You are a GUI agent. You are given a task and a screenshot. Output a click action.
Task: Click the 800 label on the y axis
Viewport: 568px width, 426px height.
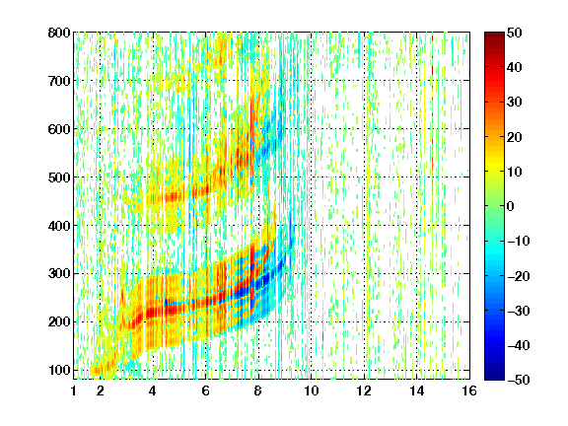(59, 33)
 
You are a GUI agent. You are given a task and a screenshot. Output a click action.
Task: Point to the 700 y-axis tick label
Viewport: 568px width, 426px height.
(59, 81)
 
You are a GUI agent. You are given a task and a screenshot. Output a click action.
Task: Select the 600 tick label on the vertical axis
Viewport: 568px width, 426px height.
(59, 129)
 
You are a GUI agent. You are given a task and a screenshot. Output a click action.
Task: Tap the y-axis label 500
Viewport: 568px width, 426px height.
(59, 177)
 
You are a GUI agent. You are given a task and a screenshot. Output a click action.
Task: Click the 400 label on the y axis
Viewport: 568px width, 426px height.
(59, 226)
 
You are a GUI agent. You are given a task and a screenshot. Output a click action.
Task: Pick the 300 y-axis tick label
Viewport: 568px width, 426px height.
(59, 274)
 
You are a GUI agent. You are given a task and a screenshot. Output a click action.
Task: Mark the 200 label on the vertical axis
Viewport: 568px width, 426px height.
(59, 322)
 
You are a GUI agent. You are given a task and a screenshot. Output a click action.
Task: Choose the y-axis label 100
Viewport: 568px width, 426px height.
(59, 370)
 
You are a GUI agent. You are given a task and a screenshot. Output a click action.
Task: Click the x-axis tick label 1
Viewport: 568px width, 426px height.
(74, 390)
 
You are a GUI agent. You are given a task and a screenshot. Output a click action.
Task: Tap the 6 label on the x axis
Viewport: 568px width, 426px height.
(206, 390)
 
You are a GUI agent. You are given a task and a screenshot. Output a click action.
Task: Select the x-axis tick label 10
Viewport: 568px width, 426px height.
(312, 390)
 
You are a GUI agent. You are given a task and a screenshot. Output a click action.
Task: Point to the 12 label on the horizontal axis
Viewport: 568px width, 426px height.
(364, 390)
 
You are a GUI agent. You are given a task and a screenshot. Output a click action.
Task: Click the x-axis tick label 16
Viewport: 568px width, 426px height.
(469, 390)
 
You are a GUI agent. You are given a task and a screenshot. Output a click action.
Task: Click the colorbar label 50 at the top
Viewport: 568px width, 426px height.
(515, 33)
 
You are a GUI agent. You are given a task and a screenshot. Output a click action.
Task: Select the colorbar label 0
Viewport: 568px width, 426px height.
(511, 206)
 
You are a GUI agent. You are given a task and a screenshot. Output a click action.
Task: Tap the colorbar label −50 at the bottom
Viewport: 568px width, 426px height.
(519, 380)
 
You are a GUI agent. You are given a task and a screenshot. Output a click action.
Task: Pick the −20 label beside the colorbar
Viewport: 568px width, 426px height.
(519, 276)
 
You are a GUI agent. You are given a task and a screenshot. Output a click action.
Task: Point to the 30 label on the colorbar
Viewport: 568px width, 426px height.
(515, 103)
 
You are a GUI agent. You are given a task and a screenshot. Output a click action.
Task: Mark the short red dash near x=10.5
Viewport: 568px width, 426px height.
(322, 336)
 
